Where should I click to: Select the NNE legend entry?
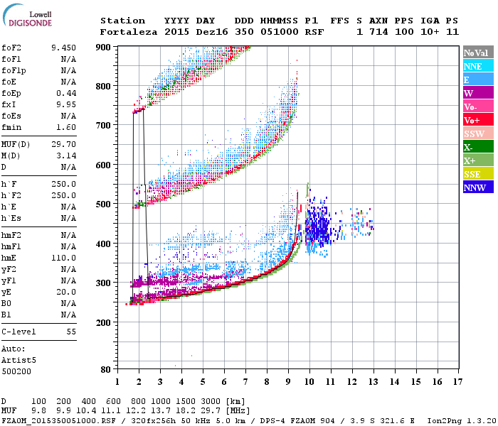(477, 66)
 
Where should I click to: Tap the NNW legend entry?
(477, 188)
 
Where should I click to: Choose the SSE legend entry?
(477, 175)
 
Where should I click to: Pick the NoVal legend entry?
(477, 53)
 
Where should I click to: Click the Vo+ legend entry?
(477, 121)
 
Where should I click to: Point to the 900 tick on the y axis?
(104, 48)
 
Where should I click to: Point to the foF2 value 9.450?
(63, 48)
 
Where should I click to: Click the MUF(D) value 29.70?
(63, 144)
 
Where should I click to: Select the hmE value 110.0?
(63, 258)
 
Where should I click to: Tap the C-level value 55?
(71, 332)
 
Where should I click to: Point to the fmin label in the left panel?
(12, 127)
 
